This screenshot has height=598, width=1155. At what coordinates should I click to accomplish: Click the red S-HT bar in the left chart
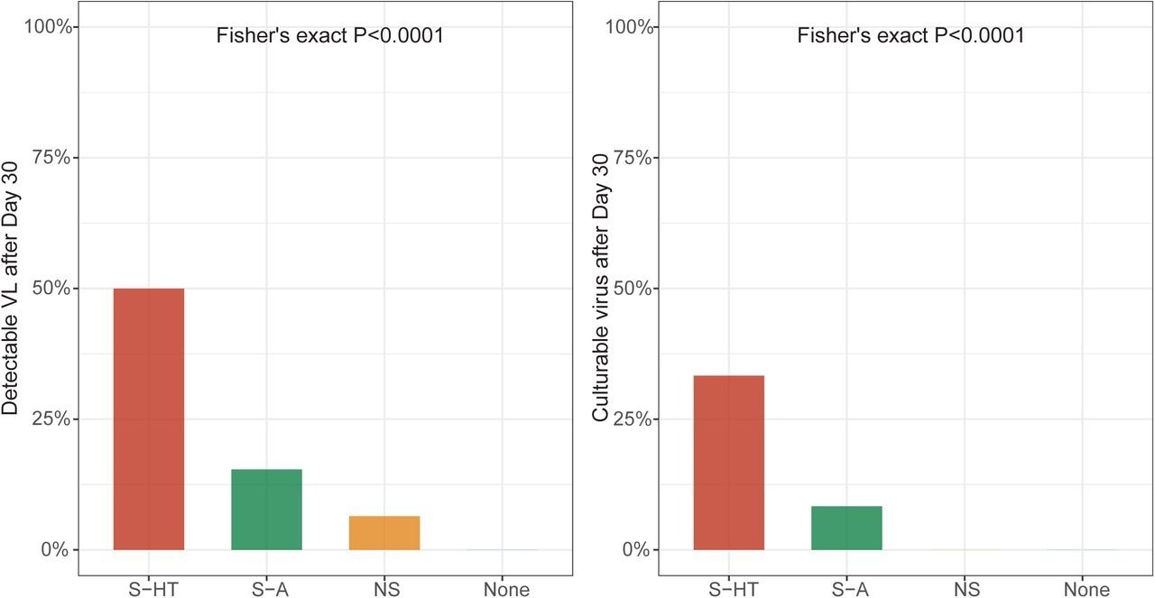[149, 419]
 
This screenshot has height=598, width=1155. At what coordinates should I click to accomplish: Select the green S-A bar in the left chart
[266, 510]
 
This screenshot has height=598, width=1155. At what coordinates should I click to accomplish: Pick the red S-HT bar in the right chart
[729, 463]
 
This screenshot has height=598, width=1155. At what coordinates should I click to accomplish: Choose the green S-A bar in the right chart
[846, 528]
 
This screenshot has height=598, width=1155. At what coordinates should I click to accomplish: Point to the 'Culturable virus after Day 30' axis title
[601, 289]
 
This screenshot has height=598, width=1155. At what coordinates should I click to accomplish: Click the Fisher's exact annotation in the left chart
[329, 37]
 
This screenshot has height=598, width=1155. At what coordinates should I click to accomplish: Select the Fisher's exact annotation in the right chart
[910, 37]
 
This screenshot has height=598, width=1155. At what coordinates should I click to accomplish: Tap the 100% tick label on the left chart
[51, 27]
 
